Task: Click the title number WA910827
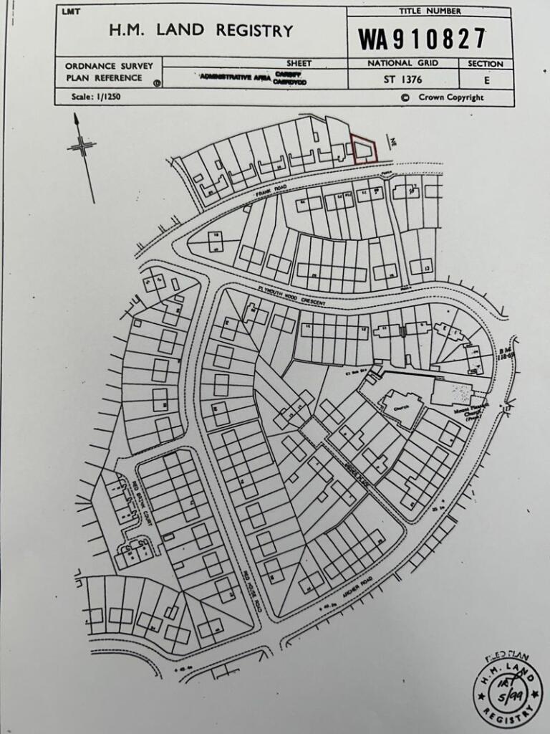(x=423, y=39)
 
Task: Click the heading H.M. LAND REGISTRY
(x=201, y=31)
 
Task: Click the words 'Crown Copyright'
(x=448, y=97)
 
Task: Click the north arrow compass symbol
(x=83, y=148)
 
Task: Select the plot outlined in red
(x=363, y=151)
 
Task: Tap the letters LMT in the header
(x=70, y=12)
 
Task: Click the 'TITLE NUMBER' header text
(x=430, y=11)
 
